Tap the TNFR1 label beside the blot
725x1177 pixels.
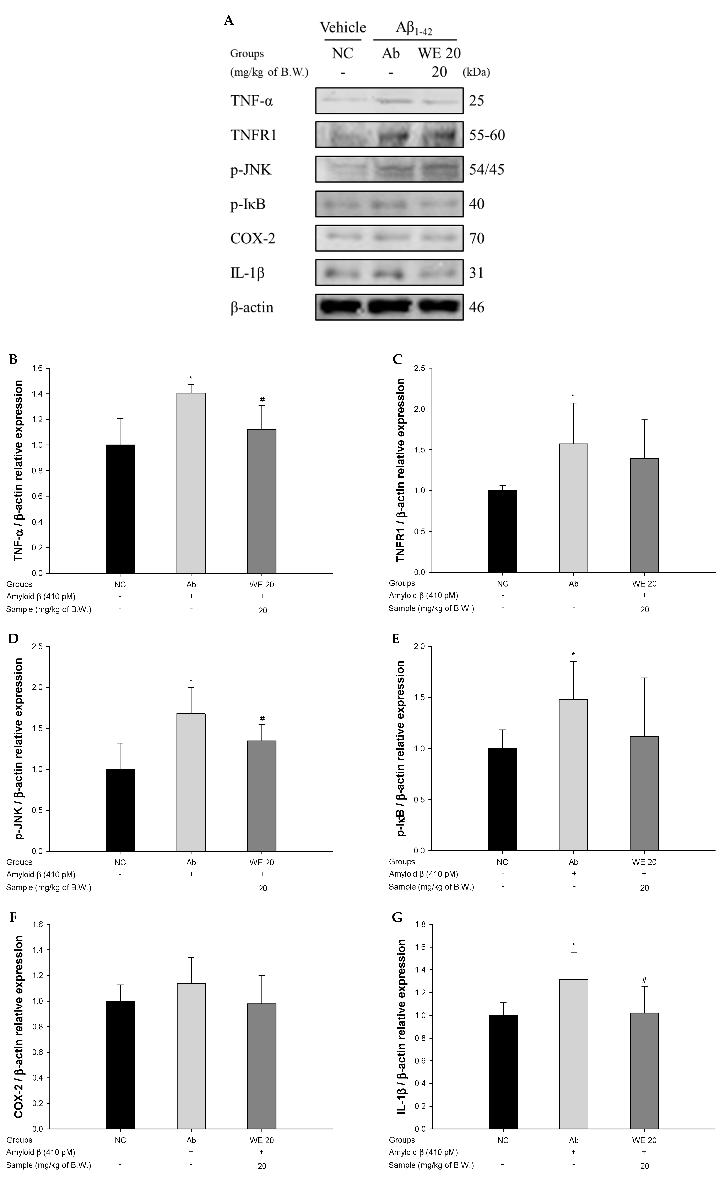(x=253, y=135)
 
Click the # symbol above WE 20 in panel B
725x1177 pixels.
(x=262, y=400)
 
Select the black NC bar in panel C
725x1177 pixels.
(x=503, y=531)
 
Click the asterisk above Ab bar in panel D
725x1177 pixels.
(x=191, y=680)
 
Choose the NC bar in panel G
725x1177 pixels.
(x=503, y=1071)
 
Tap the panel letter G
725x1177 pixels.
(x=397, y=917)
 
